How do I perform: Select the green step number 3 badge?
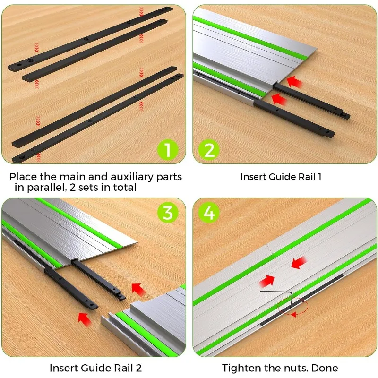point(168,213)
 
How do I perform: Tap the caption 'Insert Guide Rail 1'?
point(281,177)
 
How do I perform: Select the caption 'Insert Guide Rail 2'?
point(95,368)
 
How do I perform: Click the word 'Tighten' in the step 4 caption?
point(240,368)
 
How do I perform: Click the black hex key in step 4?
point(279,296)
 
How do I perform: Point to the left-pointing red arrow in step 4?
point(300,263)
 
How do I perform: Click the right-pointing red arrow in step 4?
point(267,281)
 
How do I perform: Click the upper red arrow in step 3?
point(138,288)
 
